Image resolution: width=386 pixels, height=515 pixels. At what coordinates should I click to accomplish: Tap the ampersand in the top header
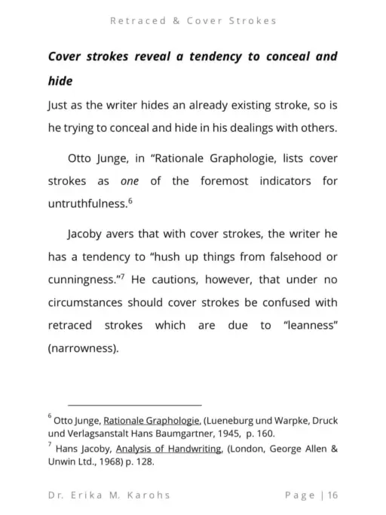[175, 20]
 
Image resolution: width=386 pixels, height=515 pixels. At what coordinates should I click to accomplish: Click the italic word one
[130, 182]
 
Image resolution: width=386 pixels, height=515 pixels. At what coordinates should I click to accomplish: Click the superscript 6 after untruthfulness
[130, 200]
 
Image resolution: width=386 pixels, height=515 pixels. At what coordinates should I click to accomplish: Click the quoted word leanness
[304, 326]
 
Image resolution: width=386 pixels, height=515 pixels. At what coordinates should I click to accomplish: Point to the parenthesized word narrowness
[86, 350]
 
